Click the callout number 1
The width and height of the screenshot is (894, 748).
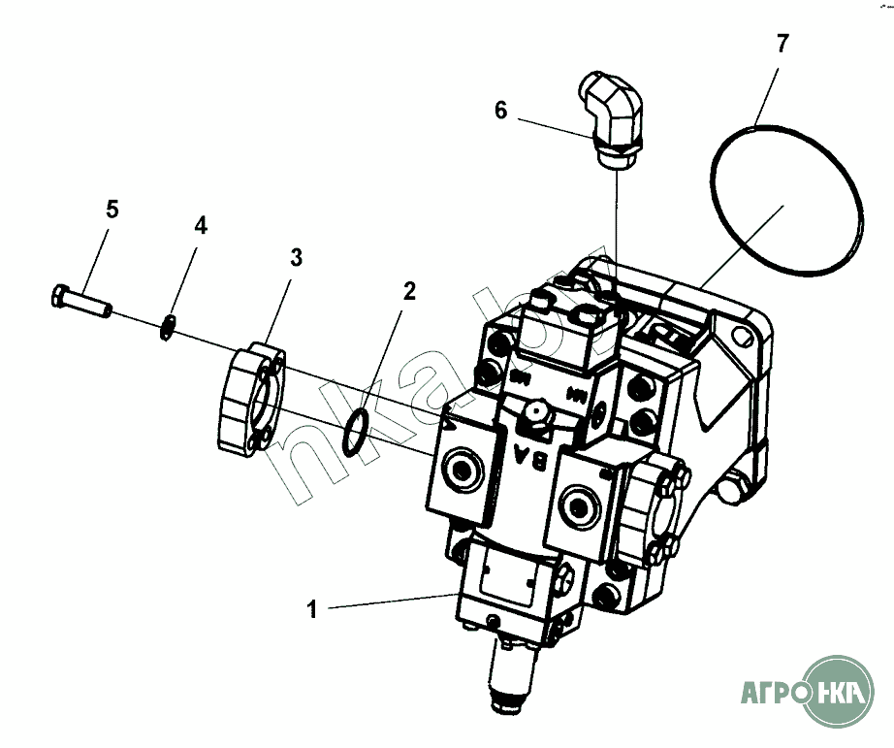pos(312,609)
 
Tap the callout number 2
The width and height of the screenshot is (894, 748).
pos(409,292)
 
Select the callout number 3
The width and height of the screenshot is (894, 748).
pos(296,257)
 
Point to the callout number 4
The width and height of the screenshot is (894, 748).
pos(200,226)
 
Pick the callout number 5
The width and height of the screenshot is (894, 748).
pos(112,209)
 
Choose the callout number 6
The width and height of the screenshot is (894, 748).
pos(500,111)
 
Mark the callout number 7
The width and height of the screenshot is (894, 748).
pos(782,43)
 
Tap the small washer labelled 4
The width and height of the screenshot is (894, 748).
pos(168,328)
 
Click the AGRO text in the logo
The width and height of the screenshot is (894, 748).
pos(773,694)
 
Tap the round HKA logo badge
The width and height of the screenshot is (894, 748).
pos(839,693)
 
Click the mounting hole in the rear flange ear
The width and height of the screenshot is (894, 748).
pos(744,340)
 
